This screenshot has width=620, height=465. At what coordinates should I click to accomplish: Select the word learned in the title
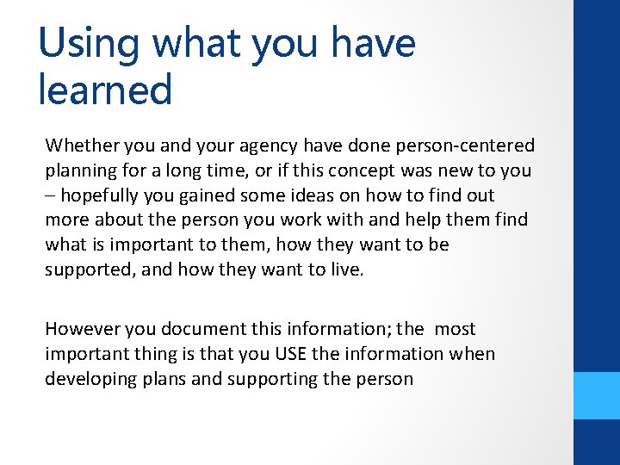tap(105, 90)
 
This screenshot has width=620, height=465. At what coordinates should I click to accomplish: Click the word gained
tap(222, 195)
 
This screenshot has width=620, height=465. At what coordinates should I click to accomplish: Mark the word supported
tap(89, 270)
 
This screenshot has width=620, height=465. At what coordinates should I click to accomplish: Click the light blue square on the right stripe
tap(597, 395)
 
